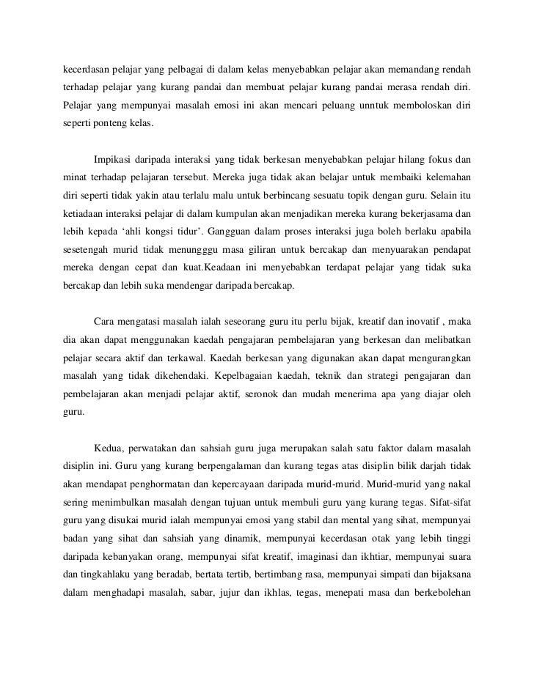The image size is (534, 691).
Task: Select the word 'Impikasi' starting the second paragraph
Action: pyautogui.click(x=114, y=160)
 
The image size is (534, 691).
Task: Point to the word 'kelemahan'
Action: pyautogui.click(x=446, y=177)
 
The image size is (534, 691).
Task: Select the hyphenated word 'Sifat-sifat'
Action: pyautogui.click(x=448, y=502)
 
